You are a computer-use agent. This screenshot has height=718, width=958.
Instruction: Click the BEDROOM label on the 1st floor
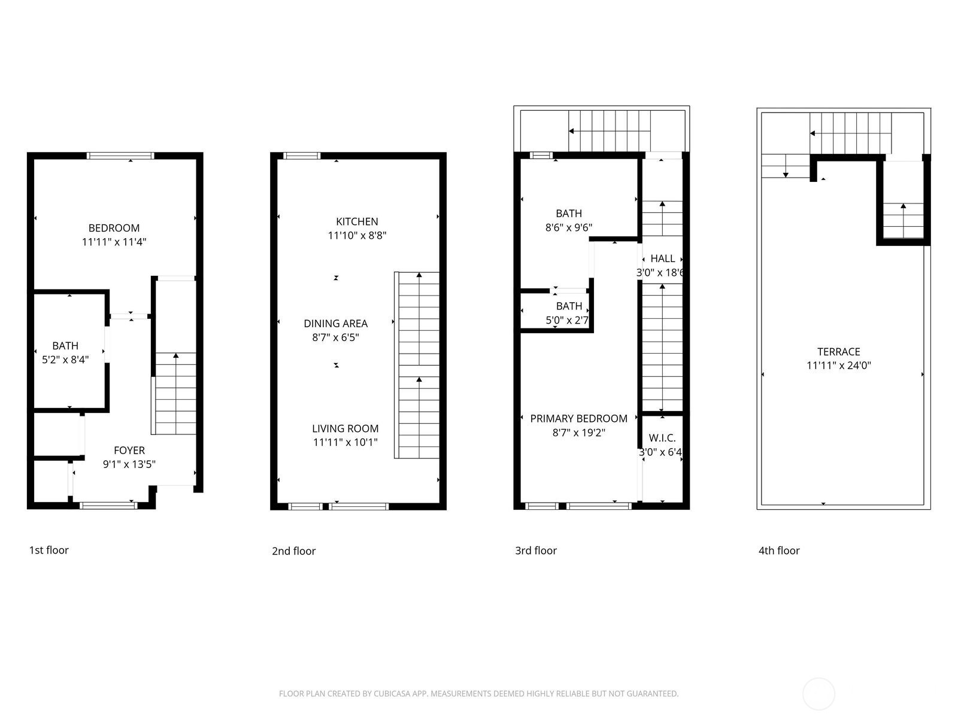click(x=114, y=228)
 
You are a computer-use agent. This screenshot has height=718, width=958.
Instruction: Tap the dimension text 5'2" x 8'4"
click(x=65, y=360)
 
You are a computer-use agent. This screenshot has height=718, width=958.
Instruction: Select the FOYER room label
click(x=129, y=451)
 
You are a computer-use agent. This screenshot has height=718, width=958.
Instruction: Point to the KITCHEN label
click(x=357, y=221)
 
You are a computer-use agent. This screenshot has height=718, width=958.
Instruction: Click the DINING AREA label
click(x=336, y=324)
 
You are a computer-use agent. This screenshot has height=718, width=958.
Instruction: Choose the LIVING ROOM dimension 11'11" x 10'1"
click(x=345, y=442)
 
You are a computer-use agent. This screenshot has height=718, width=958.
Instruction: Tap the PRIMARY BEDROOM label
click(x=579, y=418)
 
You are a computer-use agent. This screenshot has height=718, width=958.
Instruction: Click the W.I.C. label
click(x=662, y=438)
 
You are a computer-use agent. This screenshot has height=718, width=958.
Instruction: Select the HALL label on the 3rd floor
click(x=663, y=258)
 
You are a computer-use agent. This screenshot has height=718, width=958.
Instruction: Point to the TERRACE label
click(x=839, y=352)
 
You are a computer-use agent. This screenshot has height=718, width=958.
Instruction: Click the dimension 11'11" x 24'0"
click(x=839, y=366)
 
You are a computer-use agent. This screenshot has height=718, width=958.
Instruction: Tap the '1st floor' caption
click(x=49, y=550)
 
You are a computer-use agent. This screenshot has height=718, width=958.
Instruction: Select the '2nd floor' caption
click(x=294, y=551)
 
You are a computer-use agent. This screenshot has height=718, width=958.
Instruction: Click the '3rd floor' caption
click(x=536, y=550)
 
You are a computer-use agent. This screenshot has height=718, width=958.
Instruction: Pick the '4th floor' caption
click(x=779, y=550)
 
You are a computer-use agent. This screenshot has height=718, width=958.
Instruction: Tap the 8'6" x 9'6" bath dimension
click(x=569, y=227)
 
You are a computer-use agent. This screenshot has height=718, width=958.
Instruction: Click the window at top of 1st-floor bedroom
click(x=120, y=156)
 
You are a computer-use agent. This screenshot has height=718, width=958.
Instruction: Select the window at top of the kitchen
click(x=302, y=156)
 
